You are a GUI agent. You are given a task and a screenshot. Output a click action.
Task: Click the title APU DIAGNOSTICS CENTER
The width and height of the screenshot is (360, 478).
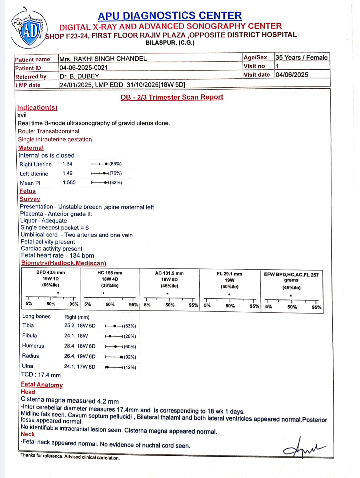pyautogui.click(x=170, y=16)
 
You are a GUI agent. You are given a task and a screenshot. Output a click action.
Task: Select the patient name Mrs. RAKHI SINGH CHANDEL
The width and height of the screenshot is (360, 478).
pyautogui.click(x=103, y=59)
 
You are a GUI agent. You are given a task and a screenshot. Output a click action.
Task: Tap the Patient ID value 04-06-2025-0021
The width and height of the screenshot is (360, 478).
pyautogui.click(x=84, y=68)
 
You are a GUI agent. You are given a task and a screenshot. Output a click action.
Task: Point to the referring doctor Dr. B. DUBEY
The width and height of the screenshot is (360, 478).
pyautogui.click(x=79, y=76)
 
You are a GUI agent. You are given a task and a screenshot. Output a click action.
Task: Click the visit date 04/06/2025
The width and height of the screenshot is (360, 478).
pyautogui.click(x=292, y=75)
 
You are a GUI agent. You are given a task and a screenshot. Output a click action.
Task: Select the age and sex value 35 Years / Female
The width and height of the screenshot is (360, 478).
pyautogui.click(x=301, y=57)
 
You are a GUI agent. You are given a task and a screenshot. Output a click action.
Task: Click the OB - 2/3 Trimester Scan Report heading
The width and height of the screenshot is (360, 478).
pyautogui.click(x=172, y=97)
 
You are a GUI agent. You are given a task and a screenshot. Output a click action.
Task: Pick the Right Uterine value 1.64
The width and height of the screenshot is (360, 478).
pyautogui.click(x=67, y=164)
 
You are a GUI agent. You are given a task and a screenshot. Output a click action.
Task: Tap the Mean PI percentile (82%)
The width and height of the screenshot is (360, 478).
pyautogui.click(x=116, y=183)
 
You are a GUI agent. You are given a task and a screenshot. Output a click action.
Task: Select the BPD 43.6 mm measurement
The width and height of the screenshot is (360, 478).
pyautogui.click(x=51, y=272)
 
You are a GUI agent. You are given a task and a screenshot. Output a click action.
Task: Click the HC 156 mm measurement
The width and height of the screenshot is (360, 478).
pyautogui.click(x=110, y=273)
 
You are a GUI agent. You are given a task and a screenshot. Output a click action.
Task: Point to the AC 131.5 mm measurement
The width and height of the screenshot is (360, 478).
pyautogui.click(x=169, y=273)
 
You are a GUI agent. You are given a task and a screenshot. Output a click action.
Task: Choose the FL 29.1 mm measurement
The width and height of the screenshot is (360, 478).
pyautogui.click(x=229, y=274)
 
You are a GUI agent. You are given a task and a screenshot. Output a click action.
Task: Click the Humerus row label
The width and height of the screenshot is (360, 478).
pyautogui.click(x=33, y=346)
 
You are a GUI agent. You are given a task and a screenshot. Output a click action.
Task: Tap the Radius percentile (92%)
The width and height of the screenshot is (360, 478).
pyautogui.click(x=130, y=357)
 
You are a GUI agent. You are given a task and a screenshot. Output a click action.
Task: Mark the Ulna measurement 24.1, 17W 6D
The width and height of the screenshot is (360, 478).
pyautogui.click(x=80, y=367)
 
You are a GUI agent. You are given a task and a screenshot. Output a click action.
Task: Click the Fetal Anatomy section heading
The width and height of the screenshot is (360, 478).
pyautogui.click(x=42, y=385)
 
